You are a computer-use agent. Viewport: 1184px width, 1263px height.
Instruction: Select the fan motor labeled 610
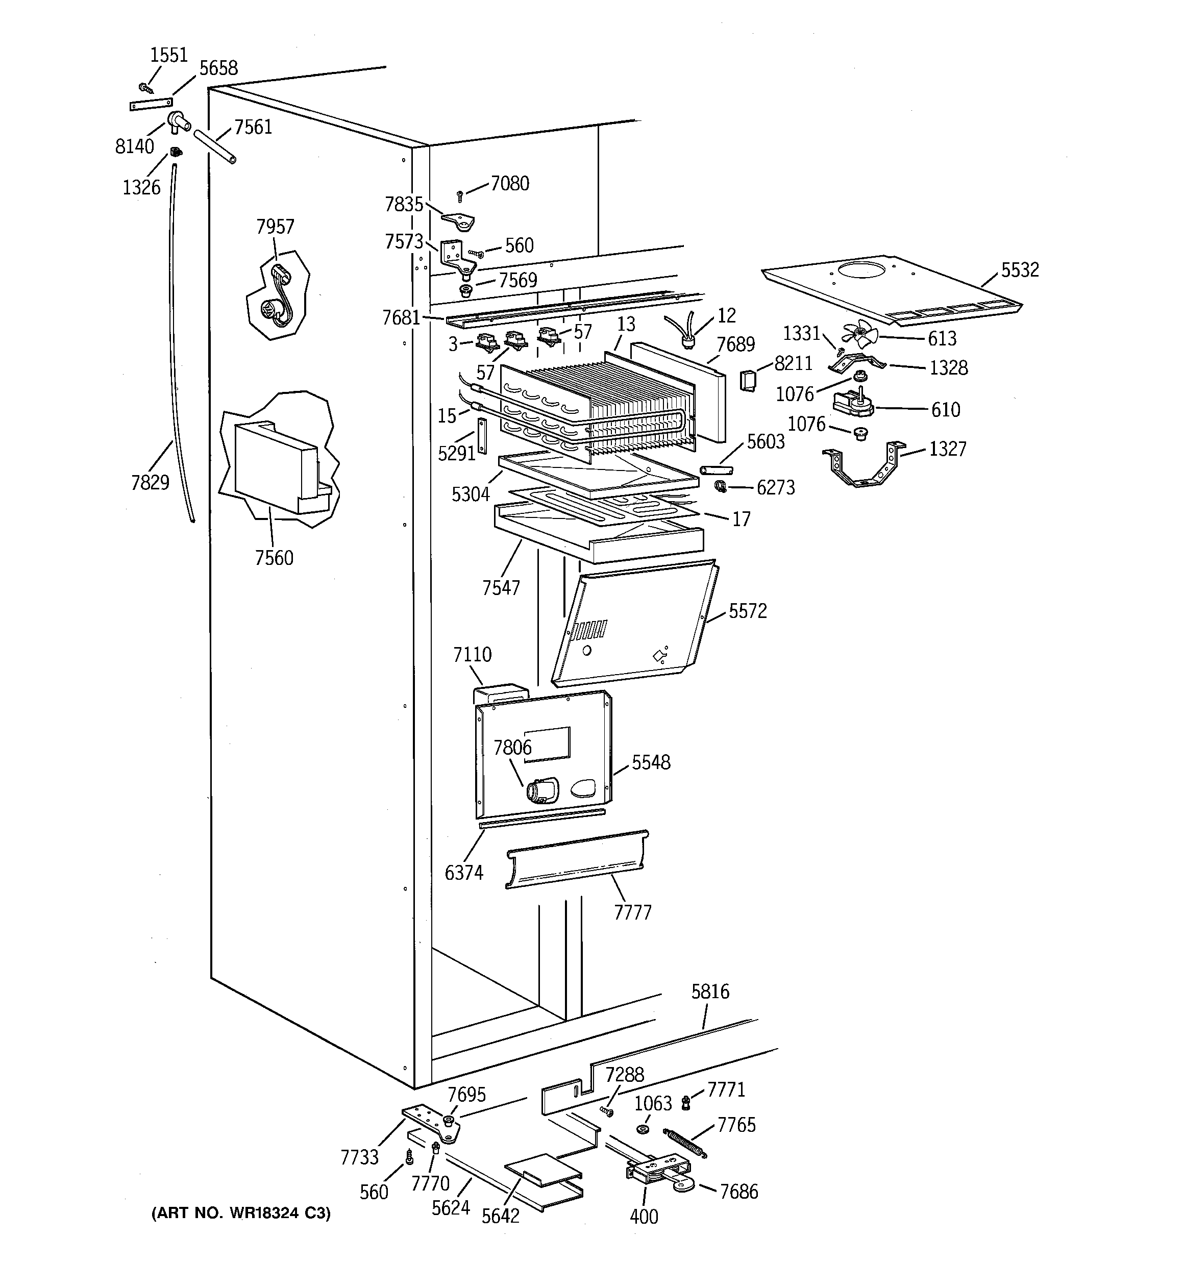point(853,404)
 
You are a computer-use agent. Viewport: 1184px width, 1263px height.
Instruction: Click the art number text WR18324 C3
point(241,1213)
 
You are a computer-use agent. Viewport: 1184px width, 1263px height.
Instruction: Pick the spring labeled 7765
point(684,1141)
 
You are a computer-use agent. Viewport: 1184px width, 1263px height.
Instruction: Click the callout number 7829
point(150,483)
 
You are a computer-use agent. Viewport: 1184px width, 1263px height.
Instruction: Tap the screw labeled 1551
point(146,88)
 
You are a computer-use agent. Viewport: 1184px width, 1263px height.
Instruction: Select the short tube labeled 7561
point(215,147)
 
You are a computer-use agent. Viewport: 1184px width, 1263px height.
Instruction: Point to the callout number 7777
point(632,913)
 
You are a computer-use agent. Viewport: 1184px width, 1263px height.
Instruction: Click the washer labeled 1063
point(642,1130)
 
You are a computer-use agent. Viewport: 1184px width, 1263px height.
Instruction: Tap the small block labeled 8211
point(748,381)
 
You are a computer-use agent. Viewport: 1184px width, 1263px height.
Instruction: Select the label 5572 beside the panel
point(747,611)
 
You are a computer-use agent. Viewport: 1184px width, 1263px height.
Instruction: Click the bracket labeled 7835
point(458,220)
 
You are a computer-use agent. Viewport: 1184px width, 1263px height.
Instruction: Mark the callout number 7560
point(274,558)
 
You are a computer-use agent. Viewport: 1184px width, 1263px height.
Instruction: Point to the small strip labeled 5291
point(481,436)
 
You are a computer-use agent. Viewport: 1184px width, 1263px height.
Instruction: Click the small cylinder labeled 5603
point(716,470)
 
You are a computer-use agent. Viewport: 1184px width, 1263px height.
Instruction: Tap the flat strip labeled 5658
point(151,104)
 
